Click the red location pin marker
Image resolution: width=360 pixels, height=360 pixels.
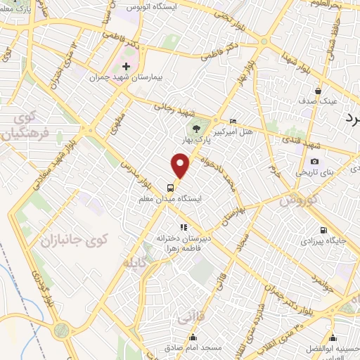click(x=181, y=166)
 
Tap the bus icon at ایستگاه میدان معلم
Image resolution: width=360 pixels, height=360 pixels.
click(x=170, y=188)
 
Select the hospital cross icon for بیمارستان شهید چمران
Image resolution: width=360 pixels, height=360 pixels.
click(x=126, y=66)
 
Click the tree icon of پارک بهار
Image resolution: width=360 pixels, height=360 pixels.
click(x=196, y=129)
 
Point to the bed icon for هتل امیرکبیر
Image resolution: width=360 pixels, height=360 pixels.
click(x=233, y=121)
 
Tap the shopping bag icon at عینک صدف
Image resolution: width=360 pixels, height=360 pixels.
click(x=318, y=91)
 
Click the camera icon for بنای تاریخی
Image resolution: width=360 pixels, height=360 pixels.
click(x=314, y=161)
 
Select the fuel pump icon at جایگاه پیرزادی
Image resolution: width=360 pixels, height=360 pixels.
click(x=323, y=229)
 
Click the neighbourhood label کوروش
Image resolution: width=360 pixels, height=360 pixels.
click(x=299, y=200)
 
